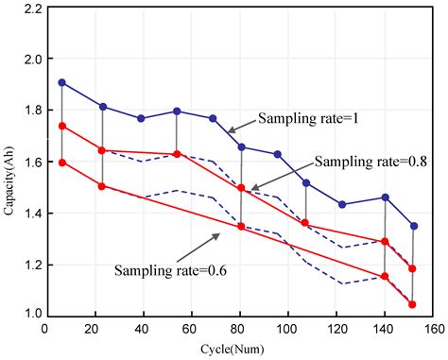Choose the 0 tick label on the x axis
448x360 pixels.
[x=44, y=329]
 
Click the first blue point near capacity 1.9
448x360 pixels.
[x=62, y=82]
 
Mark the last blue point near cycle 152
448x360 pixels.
[x=413, y=226]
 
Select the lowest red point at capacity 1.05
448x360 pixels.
[x=413, y=304]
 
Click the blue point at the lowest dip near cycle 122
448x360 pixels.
[x=342, y=204]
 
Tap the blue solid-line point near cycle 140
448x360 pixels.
[x=385, y=197]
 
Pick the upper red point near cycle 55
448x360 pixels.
[x=177, y=154]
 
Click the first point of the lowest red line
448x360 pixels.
[x=62, y=162]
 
